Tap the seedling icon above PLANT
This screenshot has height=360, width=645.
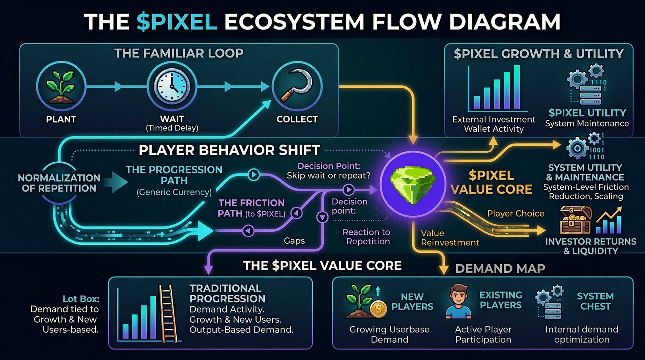click(x=61, y=86)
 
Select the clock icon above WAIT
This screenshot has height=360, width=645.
click(x=172, y=86)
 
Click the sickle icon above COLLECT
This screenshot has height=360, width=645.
click(x=297, y=86)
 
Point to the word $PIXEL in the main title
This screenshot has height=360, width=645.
click(x=177, y=22)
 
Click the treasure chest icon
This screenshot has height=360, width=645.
click(x=575, y=220)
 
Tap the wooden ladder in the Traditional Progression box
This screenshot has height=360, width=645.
click(x=168, y=314)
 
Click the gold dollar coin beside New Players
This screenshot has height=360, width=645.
click(x=378, y=309)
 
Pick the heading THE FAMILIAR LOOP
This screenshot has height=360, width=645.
click(x=179, y=53)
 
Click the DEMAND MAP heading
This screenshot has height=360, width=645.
click(x=500, y=268)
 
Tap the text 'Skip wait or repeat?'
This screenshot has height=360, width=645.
click(x=328, y=176)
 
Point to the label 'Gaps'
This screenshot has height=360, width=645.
click(x=294, y=241)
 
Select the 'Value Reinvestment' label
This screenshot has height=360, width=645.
click(x=449, y=238)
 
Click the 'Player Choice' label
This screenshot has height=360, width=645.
click(x=516, y=214)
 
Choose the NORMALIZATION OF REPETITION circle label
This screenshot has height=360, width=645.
click(x=59, y=183)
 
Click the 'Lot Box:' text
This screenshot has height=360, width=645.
click(x=81, y=299)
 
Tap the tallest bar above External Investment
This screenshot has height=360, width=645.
click(x=517, y=87)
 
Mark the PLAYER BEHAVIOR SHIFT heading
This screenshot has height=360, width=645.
click(x=229, y=150)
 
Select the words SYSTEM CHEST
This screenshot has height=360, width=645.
click(x=595, y=301)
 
